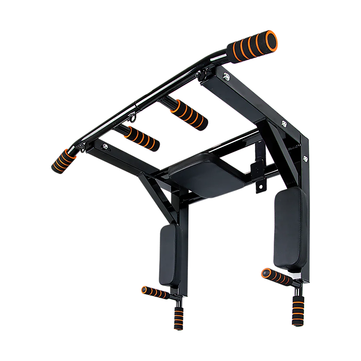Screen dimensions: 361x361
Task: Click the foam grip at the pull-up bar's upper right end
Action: pyautogui.click(x=251, y=47)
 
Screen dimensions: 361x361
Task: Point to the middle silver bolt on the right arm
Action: pyautogui.click(x=284, y=124)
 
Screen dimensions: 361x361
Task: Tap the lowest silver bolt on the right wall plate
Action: pyautogui.click(x=306, y=157)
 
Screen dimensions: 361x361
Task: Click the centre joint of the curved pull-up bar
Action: pyautogui.click(x=136, y=107)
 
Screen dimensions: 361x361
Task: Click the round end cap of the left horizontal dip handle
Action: pyautogui.click(x=144, y=289)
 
